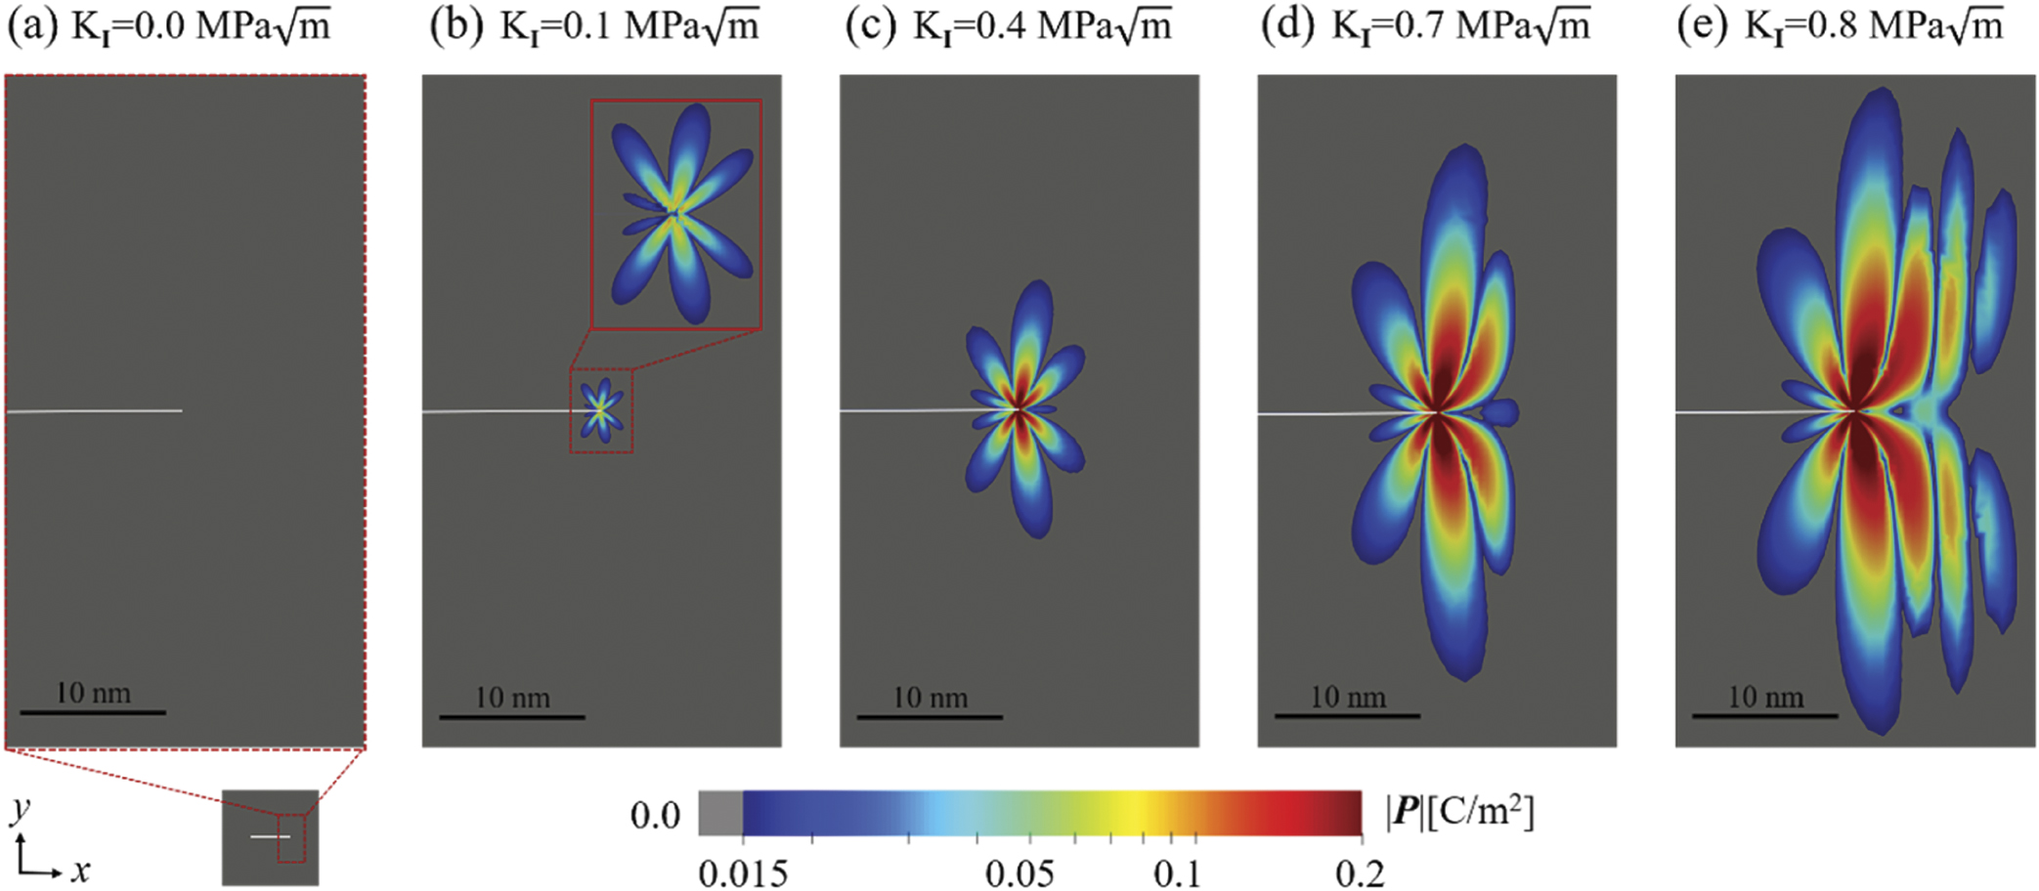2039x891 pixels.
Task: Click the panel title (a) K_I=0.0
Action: tap(168, 26)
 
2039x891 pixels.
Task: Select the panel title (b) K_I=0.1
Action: tap(593, 26)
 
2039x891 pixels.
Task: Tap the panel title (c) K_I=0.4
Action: tap(1008, 26)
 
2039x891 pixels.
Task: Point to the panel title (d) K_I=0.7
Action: tap(1425, 26)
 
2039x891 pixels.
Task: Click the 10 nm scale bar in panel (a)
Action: tap(93, 712)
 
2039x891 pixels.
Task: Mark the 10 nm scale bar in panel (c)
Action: tap(930, 717)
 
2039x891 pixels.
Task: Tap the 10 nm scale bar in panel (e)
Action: tap(1765, 716)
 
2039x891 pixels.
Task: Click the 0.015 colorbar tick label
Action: tap(743, 873)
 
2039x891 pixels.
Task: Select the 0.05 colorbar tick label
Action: tap(1019, 873)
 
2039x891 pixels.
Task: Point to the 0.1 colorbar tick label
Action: tap(1177, 873)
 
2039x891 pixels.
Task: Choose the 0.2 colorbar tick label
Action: tap(1360, 873)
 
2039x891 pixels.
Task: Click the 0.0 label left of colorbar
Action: tap(655, 815)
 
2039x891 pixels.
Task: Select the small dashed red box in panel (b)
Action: tap(601, 410)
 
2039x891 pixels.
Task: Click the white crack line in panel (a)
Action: tap(94, 410)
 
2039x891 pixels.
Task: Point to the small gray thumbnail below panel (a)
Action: tap(270, 837)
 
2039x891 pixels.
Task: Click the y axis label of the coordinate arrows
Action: tap(21, 810)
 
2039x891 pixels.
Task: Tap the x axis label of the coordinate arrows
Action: tap(81, 870)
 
